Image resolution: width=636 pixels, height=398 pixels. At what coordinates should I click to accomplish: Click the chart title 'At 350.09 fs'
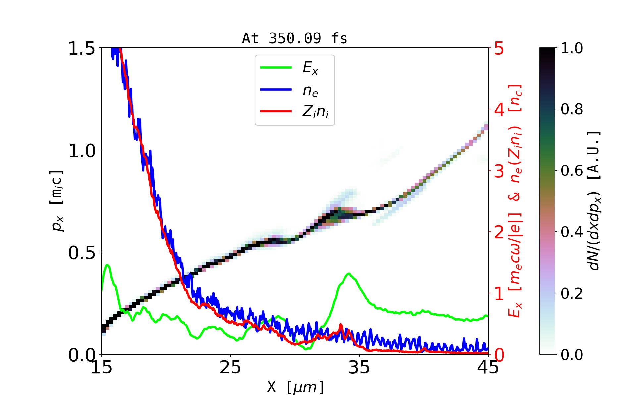[x=294, y=38]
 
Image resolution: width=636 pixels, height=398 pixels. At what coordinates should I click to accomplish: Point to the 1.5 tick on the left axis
[x=81, y=49]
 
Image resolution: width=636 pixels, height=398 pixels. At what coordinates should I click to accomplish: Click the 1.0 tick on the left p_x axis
[x=81, y=151]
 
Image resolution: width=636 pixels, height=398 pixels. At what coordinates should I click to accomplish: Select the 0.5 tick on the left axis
[x=81, y=253]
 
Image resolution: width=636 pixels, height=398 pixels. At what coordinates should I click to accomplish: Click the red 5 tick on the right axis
[x=499, y=49]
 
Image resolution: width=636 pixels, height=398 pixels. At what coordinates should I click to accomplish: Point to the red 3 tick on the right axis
[x=499, y=171]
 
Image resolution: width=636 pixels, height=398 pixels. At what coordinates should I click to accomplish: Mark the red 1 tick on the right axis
[x=499, y=294]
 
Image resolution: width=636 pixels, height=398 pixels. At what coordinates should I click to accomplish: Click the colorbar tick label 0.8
[x=572, y=109]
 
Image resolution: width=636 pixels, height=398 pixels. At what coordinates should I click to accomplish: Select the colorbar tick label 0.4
[x=572, y=232]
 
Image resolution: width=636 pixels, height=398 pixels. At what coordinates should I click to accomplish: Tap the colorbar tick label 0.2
[x=572, y=293]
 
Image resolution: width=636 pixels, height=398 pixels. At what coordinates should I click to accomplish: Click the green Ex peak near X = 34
[x=348, y=274]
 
